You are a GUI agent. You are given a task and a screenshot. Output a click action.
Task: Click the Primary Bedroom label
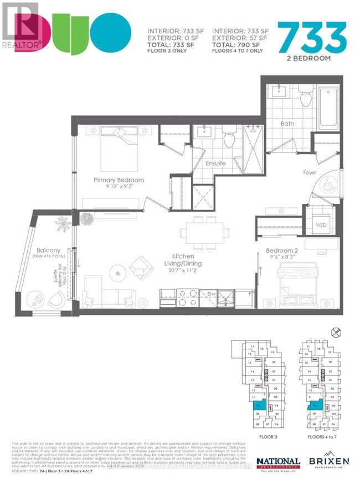coord(119,180)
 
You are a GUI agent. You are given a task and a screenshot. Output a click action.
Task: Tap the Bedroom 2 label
coord(281,250)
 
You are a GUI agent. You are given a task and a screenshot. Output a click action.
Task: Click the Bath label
coord(287,124)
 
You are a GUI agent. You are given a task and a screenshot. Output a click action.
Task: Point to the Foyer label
coord(325,172)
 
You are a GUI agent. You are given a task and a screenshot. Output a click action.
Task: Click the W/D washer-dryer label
coord(320,225)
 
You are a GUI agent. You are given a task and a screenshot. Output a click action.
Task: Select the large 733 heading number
coord(315,37)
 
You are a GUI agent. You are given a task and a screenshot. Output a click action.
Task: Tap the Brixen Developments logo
coord(330,462)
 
